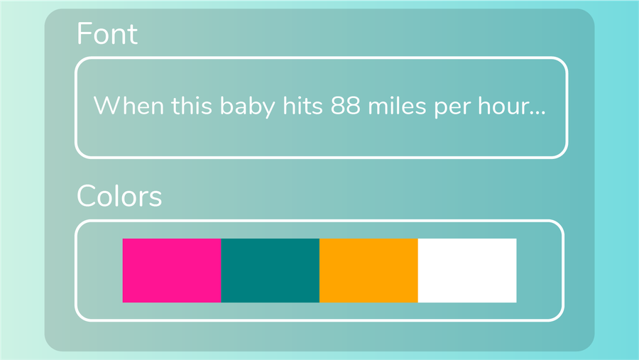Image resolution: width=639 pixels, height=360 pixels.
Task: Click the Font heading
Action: [107, 34]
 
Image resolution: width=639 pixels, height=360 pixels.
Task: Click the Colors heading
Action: [119, 196]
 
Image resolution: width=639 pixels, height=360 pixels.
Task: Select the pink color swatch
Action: [172, 271]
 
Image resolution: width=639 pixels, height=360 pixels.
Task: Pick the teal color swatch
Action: [271, 271]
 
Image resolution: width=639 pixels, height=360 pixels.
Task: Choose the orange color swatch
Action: [368, 271]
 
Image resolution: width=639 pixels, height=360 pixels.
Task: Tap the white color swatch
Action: [467, 271]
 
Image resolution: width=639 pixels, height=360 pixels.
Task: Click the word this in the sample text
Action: [187, 107]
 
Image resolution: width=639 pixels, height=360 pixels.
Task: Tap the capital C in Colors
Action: [86, 196]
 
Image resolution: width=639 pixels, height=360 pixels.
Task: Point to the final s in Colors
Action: [156, 197]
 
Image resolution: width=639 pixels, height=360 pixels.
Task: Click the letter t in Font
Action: [133, 35]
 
